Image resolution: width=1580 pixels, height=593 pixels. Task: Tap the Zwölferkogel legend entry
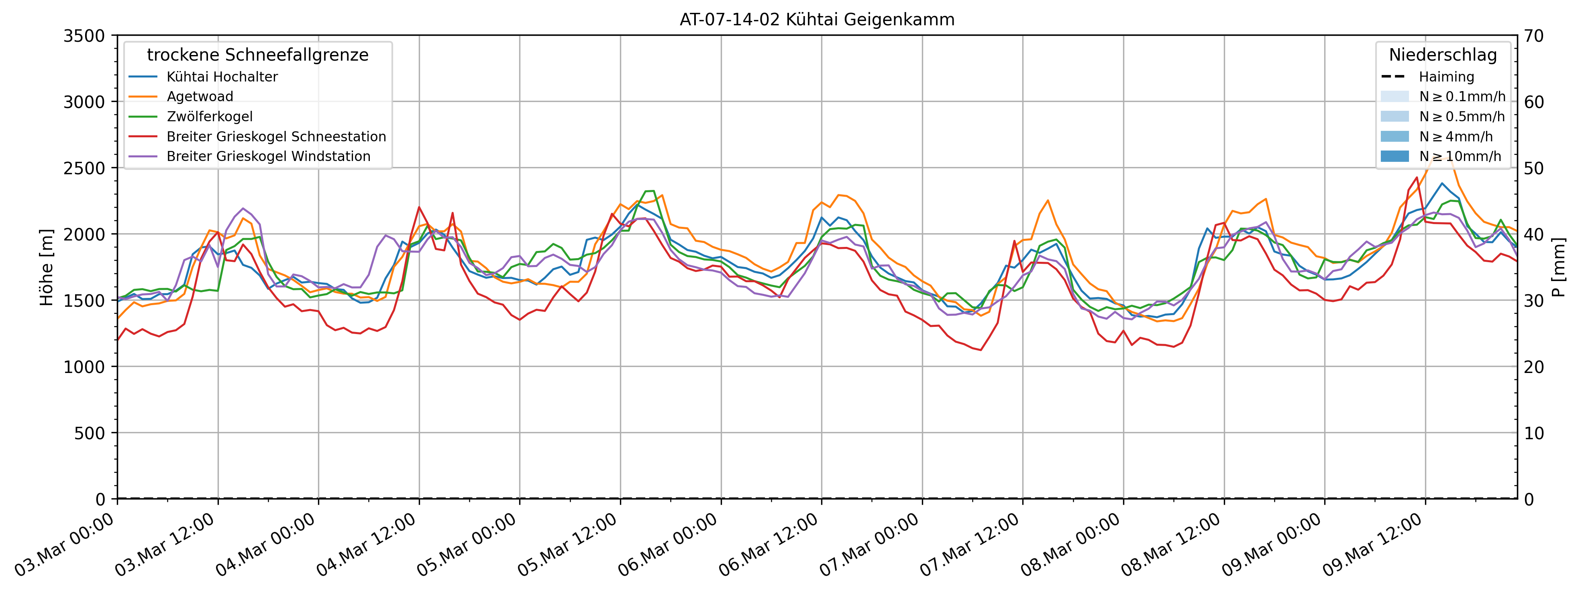coord(209,116)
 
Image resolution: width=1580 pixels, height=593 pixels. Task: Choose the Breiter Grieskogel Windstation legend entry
coord(268,156)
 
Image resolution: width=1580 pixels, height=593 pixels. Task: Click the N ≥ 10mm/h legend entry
coord(1460,156)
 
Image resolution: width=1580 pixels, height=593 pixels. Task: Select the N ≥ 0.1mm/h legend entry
coord(1462,96)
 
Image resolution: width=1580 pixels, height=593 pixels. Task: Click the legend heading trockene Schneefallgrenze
coord(258,55)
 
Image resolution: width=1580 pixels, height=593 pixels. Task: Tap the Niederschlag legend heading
coord(1443,55)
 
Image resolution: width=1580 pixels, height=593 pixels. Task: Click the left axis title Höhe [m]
coord(47,267)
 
